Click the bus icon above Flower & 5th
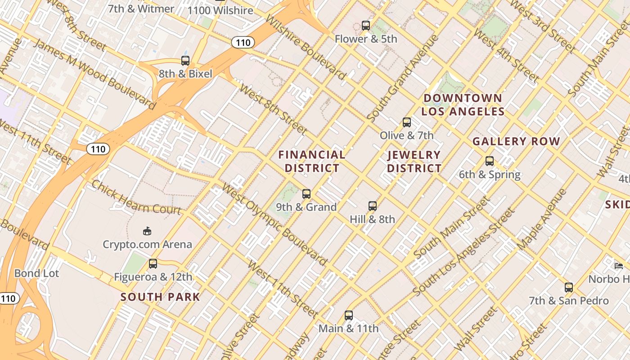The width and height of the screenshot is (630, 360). point(366,26)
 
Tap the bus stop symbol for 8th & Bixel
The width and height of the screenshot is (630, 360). point(185,61)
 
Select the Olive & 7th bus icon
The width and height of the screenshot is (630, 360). point(407,122)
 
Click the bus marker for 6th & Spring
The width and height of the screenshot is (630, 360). point(490,161)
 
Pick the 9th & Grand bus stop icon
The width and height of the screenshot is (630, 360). point(306,194)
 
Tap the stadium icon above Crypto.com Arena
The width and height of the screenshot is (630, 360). point(147,231)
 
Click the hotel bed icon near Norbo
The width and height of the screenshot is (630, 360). point(619,266)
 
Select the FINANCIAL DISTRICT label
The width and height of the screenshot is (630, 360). point(312,162)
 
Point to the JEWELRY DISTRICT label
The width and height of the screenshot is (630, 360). point(414,162)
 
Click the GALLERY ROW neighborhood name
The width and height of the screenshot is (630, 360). point(516,141)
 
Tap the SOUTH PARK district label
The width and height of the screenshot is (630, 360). point(160,297)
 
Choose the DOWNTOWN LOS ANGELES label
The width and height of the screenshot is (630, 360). point(463,105)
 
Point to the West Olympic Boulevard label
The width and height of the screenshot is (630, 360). point(274,224)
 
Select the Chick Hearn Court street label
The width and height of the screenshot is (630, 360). point(136,197)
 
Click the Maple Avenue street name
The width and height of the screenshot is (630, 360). point(542,220)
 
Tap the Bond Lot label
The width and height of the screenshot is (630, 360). point(36,273)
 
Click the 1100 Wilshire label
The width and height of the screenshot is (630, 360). point(220,10)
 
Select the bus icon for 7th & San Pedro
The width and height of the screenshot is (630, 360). point(569,288)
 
